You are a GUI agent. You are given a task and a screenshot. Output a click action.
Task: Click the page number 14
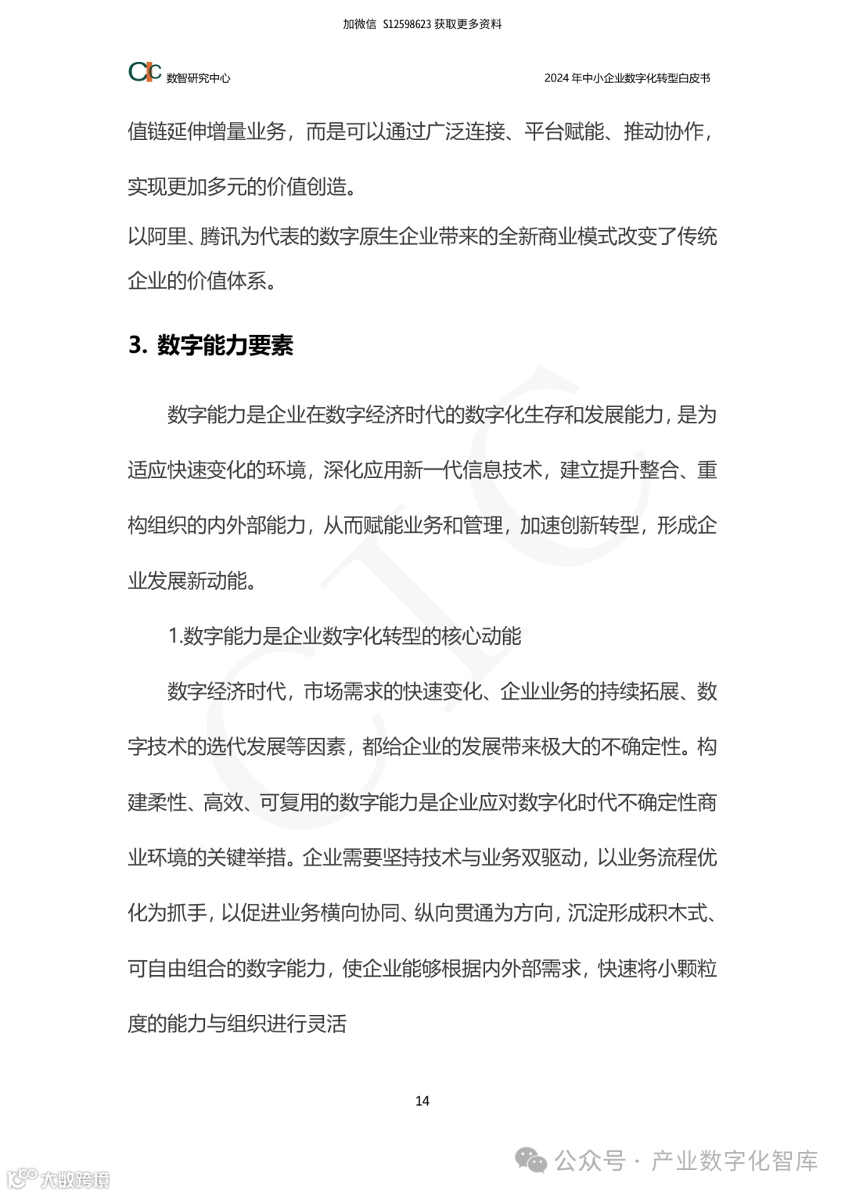pyautogui.click(x=422, y=1100)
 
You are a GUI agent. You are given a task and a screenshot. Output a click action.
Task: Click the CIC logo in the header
pyautogui.click(x=145, y=72)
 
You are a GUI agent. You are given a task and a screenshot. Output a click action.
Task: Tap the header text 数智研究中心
pyautogui.click(x=198, y=78)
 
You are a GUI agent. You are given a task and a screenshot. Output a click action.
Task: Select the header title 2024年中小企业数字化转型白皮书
pyautogui.click(x=627, y=78)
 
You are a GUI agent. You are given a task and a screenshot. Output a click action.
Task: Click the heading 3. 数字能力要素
pyautogui.click(x=210, y=345)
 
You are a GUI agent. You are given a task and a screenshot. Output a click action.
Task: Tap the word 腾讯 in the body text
pyautogui.click(x=221, y=236)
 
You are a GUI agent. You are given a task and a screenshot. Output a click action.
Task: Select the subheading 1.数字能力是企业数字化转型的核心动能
pyautogui.click(x=345, y=635)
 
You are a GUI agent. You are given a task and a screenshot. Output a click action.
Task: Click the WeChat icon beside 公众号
pyautogui.click(x=532, y=1161)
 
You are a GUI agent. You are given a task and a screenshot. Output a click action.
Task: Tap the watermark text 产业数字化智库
pyautogui.click(x=735, y=1161)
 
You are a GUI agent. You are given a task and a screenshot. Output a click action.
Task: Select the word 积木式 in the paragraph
pyautogui.click(x=676, y=912)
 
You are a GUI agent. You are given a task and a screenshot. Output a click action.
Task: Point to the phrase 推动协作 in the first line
pyautogui.click(x=664, y=131)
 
